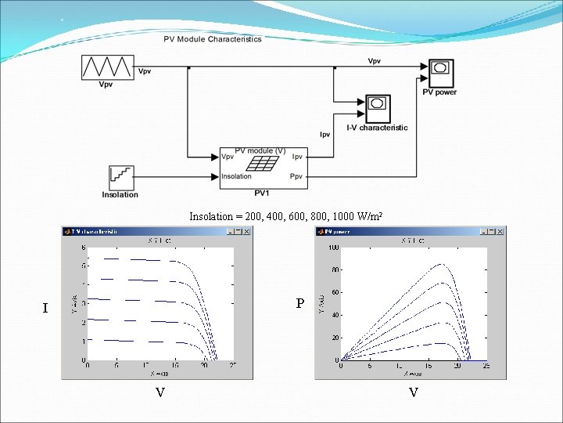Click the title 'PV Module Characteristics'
(213, 39)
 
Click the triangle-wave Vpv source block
(108, 67)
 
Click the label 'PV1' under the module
(262, 192)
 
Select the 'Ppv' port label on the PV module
(296, 176)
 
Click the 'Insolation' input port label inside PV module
(237, 176)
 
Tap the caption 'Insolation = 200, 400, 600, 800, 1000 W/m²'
(285, 216)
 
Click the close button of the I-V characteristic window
(247, 232)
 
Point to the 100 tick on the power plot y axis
(334, 248)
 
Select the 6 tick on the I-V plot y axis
(84, 248)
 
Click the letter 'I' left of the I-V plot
(45, 309)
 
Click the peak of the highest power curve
(442, 264)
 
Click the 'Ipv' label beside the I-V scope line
(325, 135)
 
